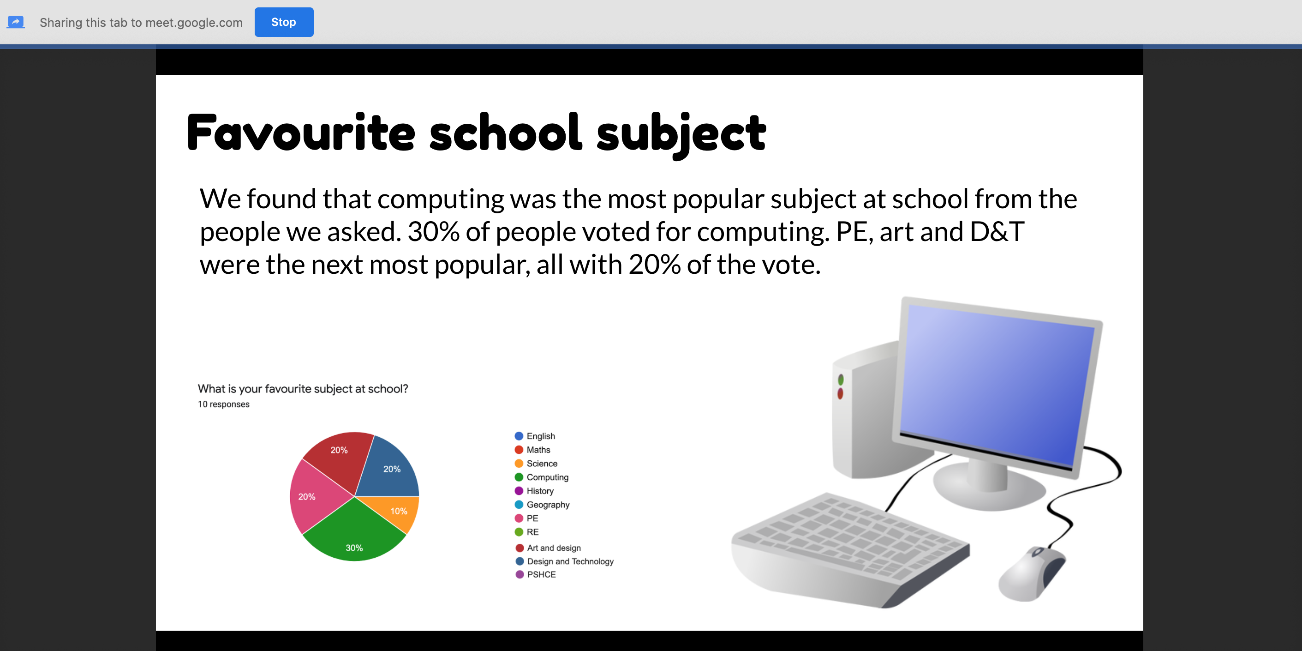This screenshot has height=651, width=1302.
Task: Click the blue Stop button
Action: tap(284, 22)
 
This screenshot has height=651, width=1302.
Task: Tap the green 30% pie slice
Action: tap(354, 534)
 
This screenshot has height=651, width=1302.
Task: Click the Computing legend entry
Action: tap(541, 477)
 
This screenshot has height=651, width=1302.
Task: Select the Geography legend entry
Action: tap(542, 504)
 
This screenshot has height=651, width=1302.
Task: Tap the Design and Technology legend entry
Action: tap(565, 561)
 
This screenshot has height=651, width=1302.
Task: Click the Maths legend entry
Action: tap(532, 450)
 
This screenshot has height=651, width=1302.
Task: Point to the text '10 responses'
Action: tap(223, 404)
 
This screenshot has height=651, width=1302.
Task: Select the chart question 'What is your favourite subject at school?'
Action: tap(303, 388)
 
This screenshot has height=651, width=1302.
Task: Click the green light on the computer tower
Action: tap(841, 380)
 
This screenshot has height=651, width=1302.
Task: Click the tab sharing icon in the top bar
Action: tap(16, 22)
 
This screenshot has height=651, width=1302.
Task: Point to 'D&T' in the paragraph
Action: tap(997, 232)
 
